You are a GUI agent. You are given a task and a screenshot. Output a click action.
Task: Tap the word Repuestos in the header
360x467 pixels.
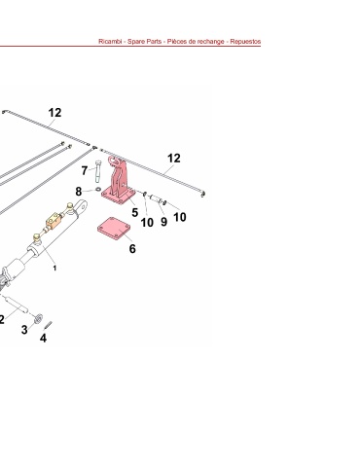(x=245, y=42)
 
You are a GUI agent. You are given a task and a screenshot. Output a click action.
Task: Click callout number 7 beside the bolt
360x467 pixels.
(x=85, y=170)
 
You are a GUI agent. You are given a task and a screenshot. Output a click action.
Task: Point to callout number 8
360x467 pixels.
(x=79, y=192)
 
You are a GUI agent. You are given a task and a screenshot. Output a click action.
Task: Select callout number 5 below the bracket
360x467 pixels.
(x=135, y=213)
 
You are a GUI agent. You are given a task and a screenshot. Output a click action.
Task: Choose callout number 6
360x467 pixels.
(x=132, y=249)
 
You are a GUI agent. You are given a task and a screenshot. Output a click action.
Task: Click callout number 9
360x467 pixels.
(x=163, y=222)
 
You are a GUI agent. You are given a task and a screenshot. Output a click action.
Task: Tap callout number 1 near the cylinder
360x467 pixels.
(x=54, y=269)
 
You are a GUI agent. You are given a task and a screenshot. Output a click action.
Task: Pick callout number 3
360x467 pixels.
(x=24, y=330)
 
